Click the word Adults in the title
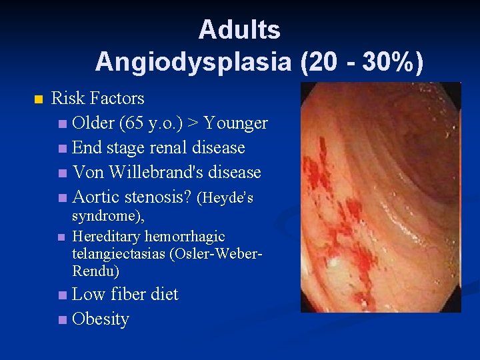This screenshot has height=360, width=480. pyautogui.click(x=239, y=30)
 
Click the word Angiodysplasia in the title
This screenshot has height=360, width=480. pyautogui.click(x=193, y=62)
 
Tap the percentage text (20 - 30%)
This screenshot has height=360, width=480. pyautogui.click(x=362, y=62)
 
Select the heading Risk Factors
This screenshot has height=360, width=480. pyautogui.click(x=97, y=99)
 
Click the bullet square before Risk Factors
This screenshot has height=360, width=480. pyautogui.click(x=37, y=99)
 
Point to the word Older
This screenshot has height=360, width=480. pyautogui.click(x=93, y=123)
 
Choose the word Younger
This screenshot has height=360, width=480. pyautogui.click(x=236, y=123)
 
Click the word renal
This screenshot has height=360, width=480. pyautogui.click(x=166, y=148)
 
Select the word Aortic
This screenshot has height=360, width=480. pyautogui.click(x=97, y=197)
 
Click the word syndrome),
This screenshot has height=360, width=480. pyautogui.click(x=107, y=217)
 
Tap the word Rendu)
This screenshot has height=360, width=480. pyautogui.click(x=95, y=271)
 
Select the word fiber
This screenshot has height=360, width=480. pyautogui.click(x=129, y=295)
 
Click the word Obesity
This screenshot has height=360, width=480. pyautogui.click(x=100, y=319)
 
